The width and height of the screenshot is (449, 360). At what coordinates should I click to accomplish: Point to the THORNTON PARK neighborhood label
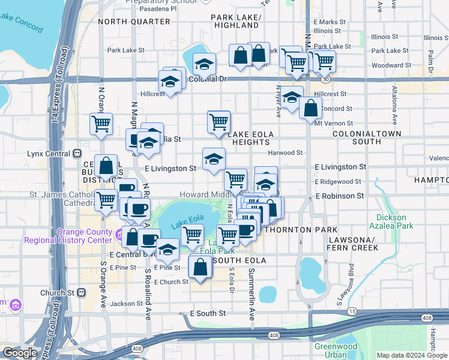[297, 230]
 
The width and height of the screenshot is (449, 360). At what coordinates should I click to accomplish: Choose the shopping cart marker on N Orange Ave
[101, 124]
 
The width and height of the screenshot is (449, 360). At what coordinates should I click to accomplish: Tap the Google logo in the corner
[20, 353]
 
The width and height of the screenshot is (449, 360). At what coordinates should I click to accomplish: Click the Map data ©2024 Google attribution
[412, 355]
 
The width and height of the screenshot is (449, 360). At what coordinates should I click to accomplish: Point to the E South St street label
[208, 313]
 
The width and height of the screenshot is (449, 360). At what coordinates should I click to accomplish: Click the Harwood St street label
[285, 153]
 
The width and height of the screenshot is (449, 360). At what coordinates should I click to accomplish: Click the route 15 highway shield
[352, 311]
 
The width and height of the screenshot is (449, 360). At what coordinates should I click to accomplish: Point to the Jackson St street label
[122, 304]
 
